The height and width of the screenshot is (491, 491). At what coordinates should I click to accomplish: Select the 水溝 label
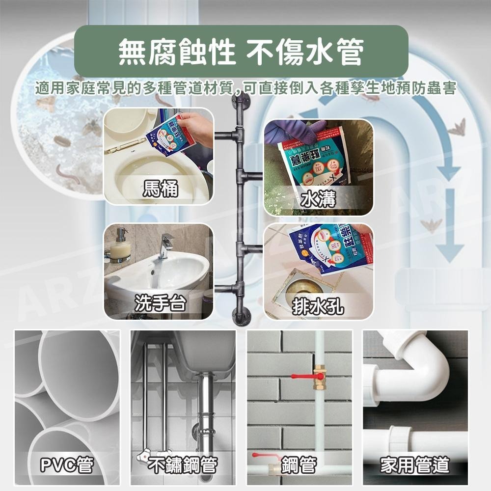(x=319, y=199)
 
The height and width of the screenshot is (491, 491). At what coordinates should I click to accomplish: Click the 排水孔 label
(x=318, y=307)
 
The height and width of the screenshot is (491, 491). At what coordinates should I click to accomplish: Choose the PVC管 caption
(x=67, y=464)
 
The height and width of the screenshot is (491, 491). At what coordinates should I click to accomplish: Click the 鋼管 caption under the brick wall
(x=299, y=464)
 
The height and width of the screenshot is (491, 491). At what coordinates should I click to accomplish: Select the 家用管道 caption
(x=415, y=464)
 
